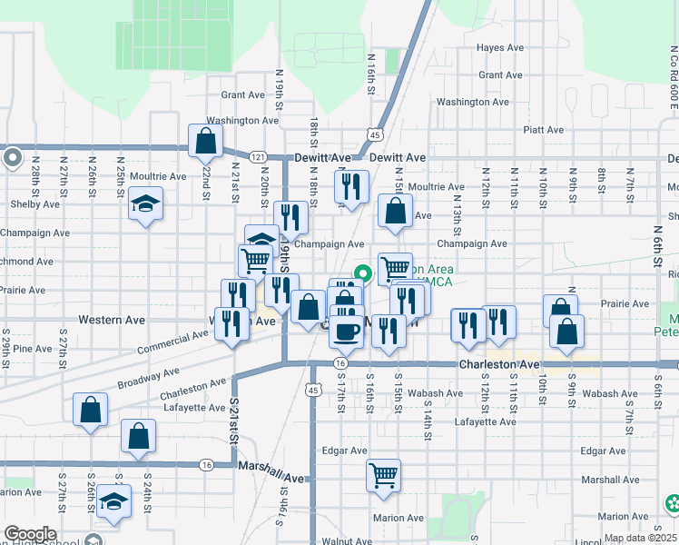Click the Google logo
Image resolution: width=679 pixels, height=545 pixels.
pos(30,534)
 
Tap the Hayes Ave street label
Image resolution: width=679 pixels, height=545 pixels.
pos(501,47)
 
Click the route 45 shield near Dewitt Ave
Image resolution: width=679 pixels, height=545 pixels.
pos(373,134)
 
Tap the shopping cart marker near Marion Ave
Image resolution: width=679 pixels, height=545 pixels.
pos(384,473)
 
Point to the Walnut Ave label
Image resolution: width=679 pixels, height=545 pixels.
pos(343,540)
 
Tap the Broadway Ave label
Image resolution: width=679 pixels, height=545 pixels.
pos(123,374)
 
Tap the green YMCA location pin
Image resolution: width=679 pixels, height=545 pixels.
pos(364,272)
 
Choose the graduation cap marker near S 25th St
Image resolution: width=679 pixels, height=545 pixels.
pos(114,502)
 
